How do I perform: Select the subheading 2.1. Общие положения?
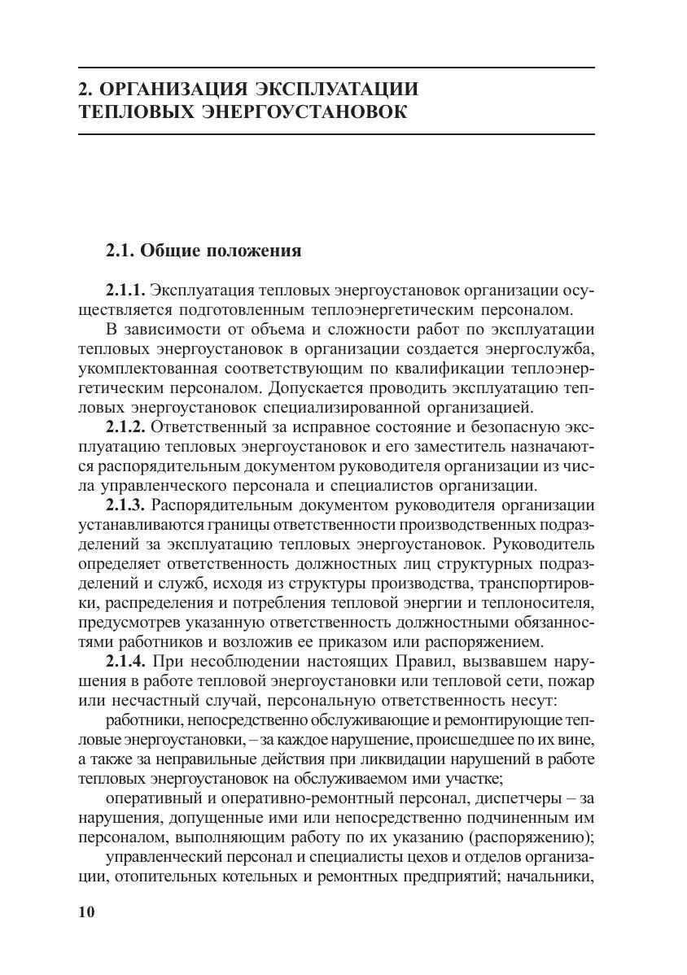coord(203,251)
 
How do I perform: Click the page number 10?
coord(87,912)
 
